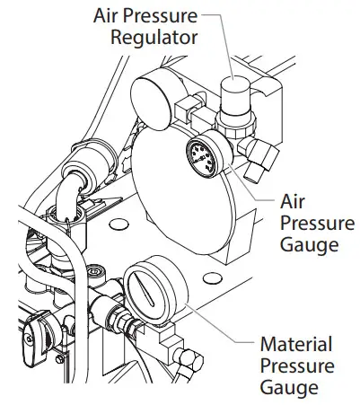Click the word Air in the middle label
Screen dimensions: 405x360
point(294,202)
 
